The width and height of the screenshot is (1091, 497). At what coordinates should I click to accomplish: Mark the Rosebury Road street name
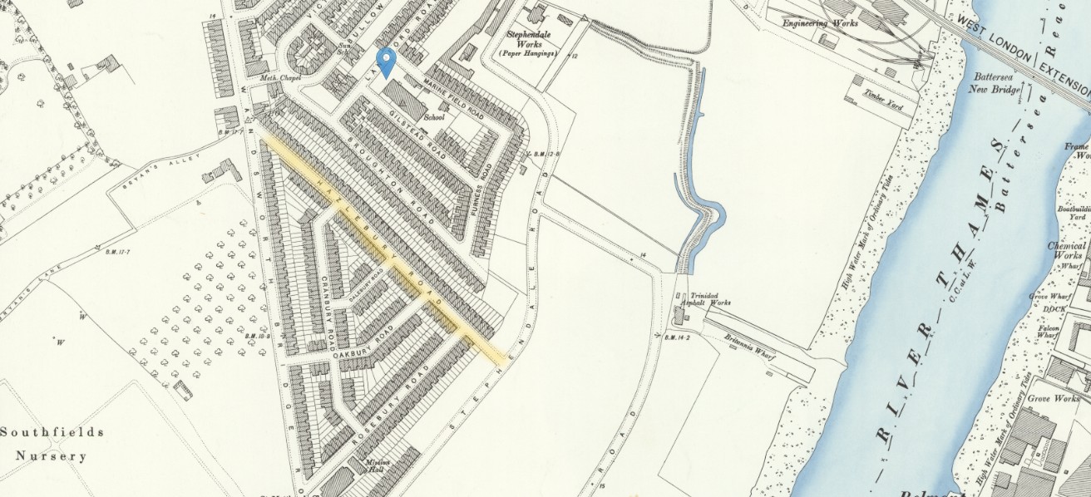point(387,412)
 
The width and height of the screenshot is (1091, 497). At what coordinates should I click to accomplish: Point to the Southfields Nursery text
point(52,444)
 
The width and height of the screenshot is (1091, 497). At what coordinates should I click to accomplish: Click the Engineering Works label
point(820,23)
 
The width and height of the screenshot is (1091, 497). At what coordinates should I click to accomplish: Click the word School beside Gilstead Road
point(434,117)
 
